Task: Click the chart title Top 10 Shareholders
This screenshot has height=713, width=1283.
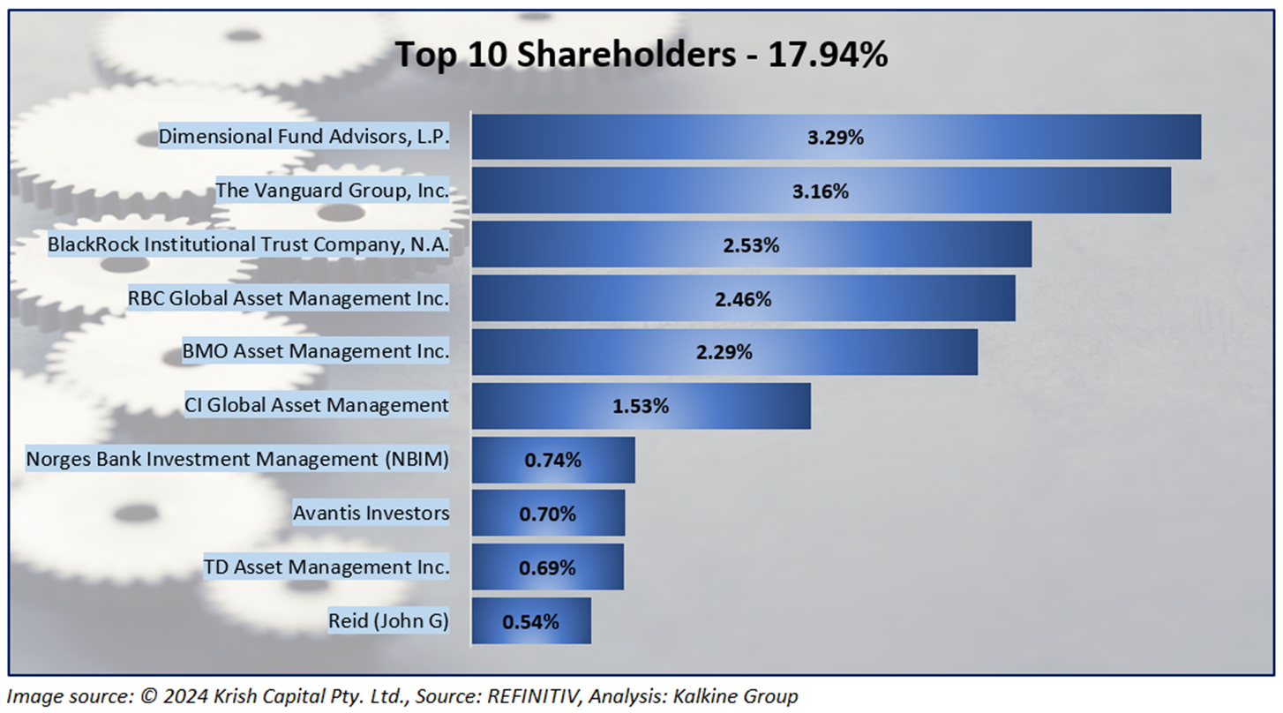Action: coord(641,55)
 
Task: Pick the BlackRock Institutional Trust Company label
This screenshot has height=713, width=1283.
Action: coord(249,244)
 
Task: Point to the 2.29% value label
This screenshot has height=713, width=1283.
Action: coord(724,352)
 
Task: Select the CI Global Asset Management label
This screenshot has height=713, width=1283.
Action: coord(317,405)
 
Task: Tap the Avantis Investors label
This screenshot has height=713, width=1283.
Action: coord(371,513)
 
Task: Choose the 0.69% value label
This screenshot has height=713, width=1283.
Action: coord(548,567)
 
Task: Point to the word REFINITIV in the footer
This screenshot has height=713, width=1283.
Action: coord(537,696)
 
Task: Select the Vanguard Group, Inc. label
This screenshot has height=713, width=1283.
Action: coord(333,191)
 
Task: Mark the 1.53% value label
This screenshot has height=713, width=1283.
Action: coord(641,406)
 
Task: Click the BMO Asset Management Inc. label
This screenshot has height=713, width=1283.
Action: coord(316,352)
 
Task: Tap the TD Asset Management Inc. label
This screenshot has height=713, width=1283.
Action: coord(326,567)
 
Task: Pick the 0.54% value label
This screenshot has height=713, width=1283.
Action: coord(530,620)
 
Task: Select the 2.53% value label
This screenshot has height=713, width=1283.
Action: coord(751,244)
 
